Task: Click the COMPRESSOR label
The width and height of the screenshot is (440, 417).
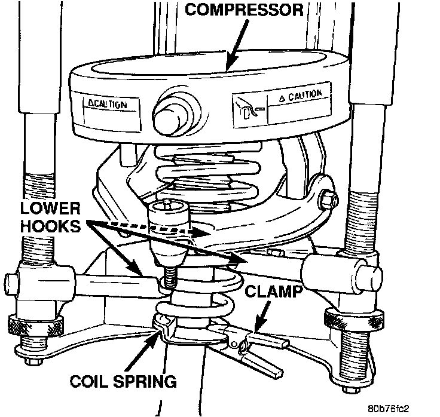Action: (x=244, y=10)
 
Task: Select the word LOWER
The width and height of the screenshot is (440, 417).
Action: (x=50, y=208)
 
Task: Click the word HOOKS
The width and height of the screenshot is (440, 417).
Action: (x=50, y=226)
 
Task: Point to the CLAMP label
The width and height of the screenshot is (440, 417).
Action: (x=274, y=291)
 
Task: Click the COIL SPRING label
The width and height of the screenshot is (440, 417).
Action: (x=123, y=381)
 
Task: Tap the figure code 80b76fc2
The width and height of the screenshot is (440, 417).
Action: (x=389, y=409)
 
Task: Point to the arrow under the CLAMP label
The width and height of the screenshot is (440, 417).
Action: (x=261, y=317)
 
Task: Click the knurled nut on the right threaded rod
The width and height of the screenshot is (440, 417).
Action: (x=353, y=319)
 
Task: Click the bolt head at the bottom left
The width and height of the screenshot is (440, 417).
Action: (x=33, y=361)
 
